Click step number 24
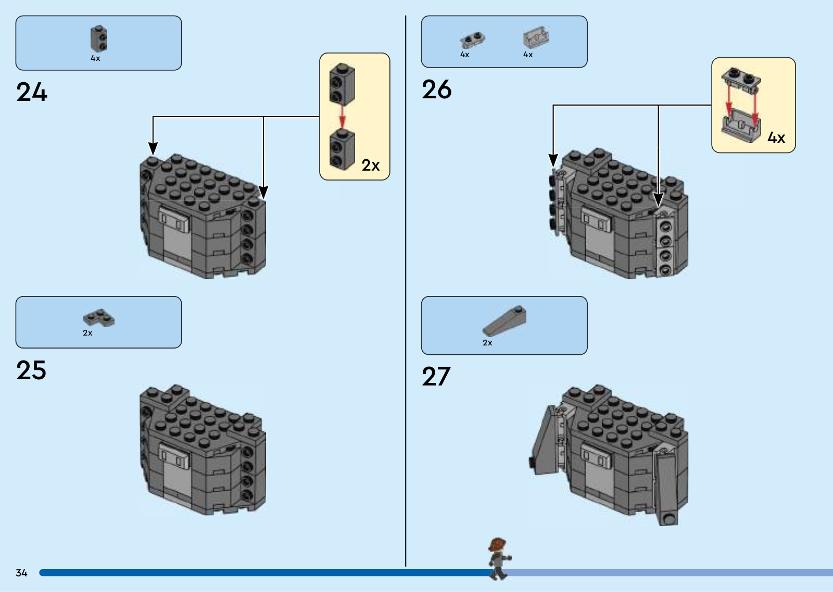tap(32, 93)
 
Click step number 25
tap(31, 370)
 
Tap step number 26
tap(436, 89)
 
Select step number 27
tap(436, 377)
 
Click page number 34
tap(21, 573)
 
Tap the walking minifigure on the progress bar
tap(498, 559)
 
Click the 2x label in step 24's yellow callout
tap(370, 165)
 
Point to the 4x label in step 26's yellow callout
tap(776, 138)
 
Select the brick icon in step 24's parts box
tap(98, 39)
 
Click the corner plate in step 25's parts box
tap(98, 318)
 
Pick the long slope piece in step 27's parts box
tap(504, 320)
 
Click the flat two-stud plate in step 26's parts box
tap(472, 40)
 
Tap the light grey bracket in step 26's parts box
tap(536, 38)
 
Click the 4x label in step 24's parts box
tap(95, 58)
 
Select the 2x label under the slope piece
tap(487, 343)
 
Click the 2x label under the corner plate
tap(87, 333)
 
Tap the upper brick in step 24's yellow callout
tap(342, 84)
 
